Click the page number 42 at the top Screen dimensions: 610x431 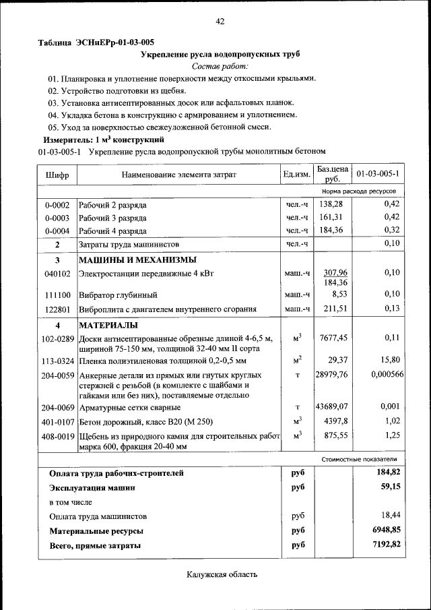(220, 22)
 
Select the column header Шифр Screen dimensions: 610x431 (57, 175)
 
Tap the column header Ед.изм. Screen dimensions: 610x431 (297, 175)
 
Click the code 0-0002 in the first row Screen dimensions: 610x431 (57, 204)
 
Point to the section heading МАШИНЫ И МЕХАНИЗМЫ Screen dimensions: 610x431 (137, 260)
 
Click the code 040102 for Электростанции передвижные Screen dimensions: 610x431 (57, 273)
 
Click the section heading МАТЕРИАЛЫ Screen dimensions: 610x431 (109, 325)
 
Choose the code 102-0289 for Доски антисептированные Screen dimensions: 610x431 (57, 338)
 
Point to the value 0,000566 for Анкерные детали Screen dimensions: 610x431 (387, 374)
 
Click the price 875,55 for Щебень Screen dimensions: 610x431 (333, 435)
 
